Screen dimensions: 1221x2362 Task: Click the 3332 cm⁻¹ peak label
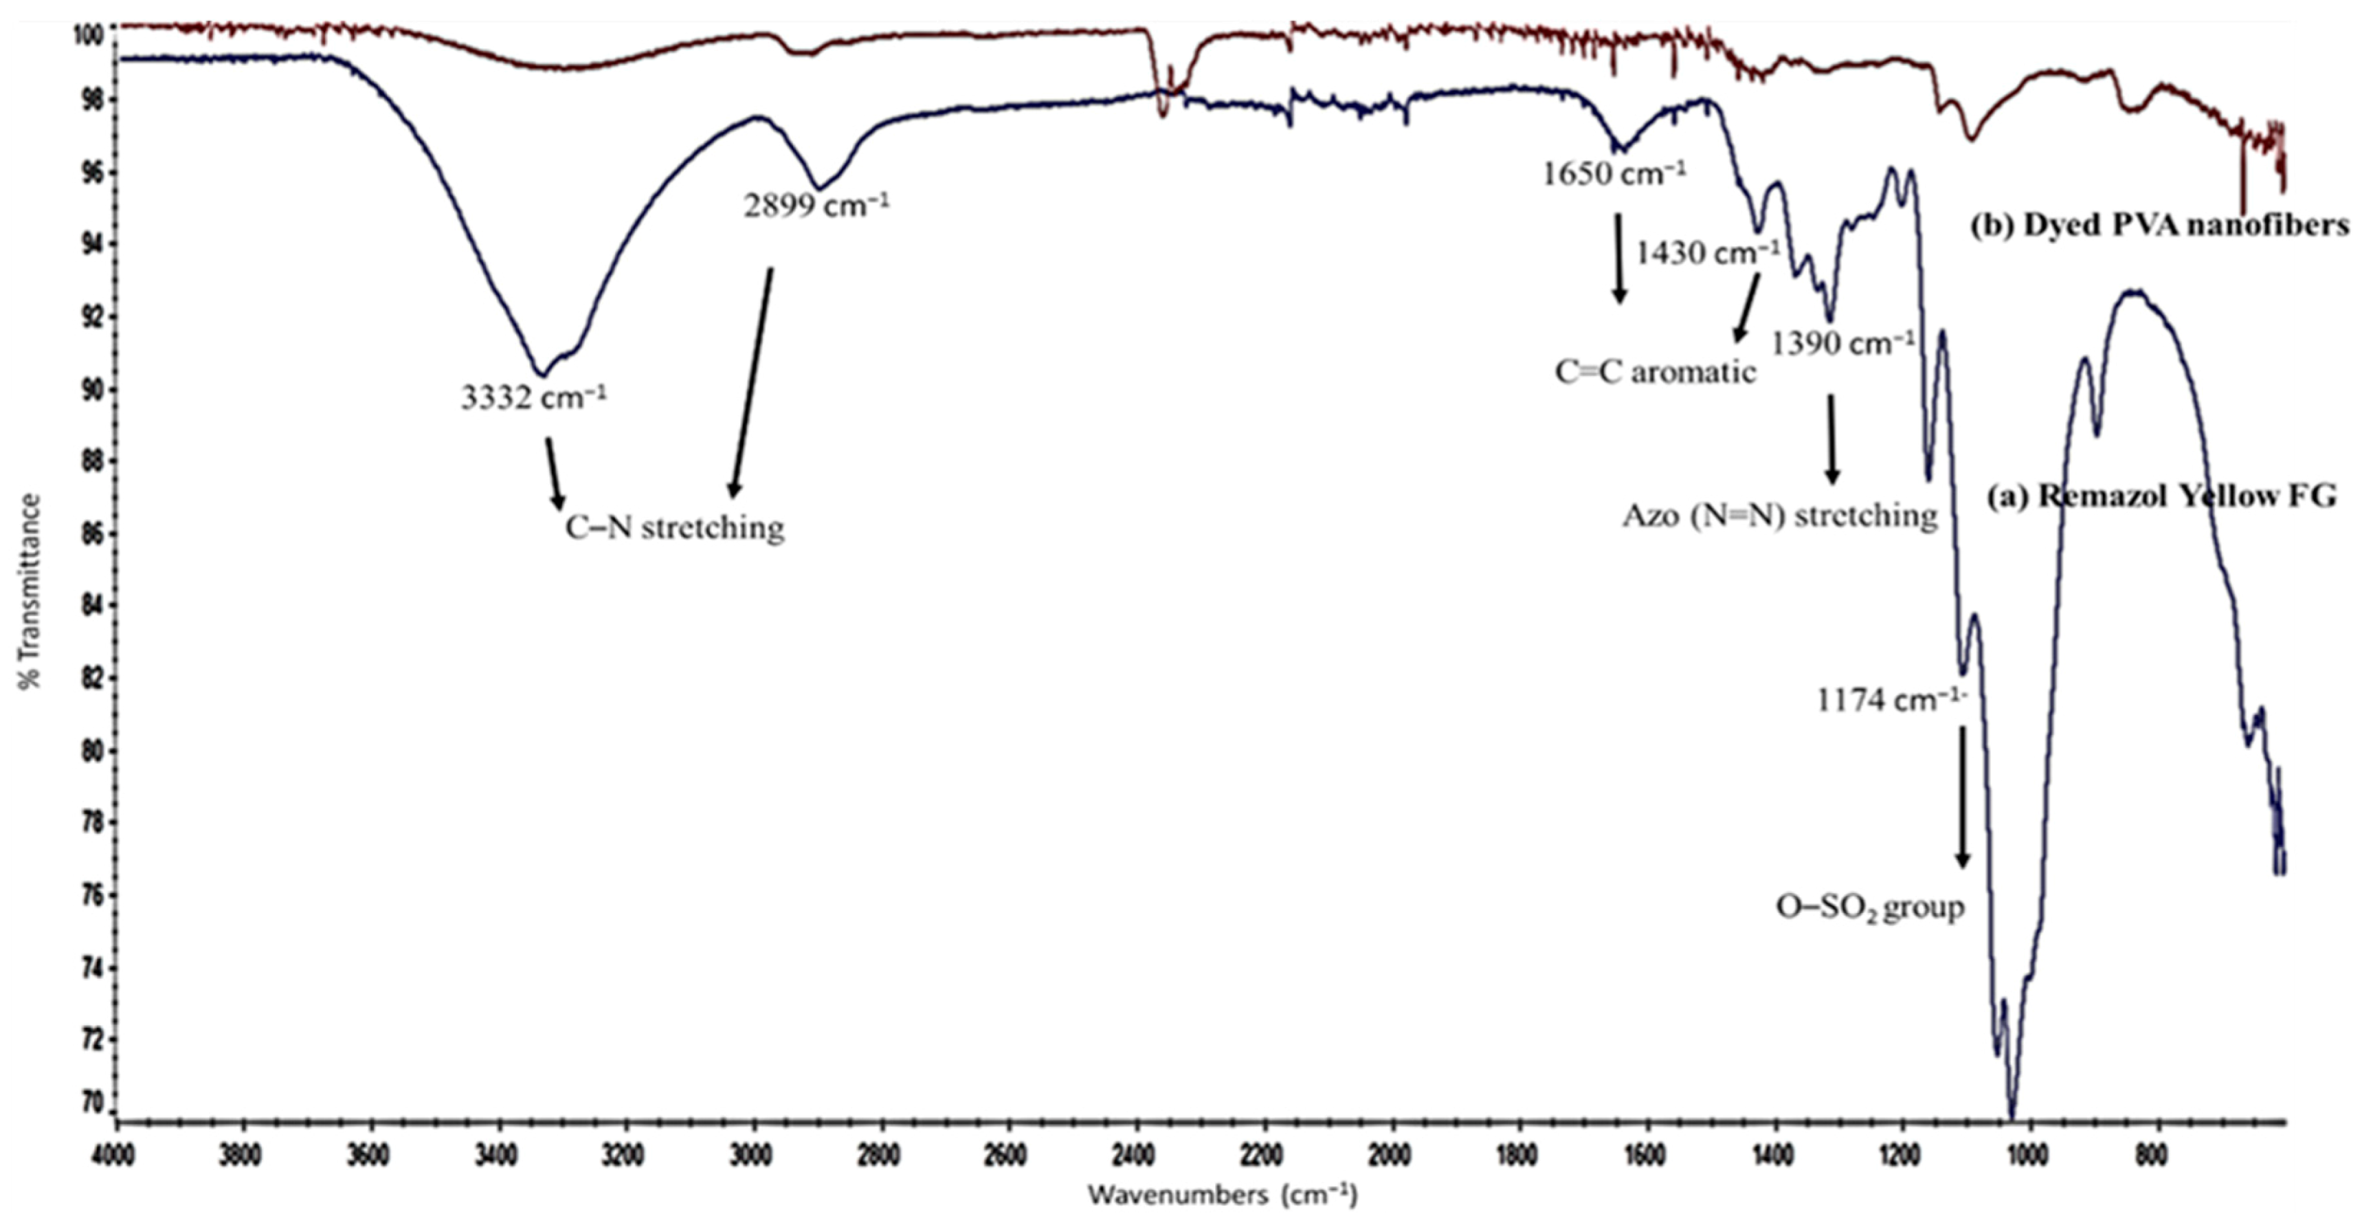533,399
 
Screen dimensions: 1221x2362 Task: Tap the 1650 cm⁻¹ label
1613,174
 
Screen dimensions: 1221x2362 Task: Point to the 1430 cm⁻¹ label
1707,253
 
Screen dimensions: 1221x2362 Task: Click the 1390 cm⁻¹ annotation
1843,344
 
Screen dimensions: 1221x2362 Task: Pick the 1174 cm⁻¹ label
1891,701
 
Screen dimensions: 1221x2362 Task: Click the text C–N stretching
674,528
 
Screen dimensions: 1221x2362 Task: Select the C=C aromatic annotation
1655,373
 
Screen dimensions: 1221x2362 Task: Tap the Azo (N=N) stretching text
1779,516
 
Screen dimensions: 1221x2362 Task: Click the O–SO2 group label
1869,907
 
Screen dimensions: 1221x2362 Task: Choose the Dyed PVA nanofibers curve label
2160,225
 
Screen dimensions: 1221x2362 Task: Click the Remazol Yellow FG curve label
2161,497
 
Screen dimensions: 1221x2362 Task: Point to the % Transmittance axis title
30,591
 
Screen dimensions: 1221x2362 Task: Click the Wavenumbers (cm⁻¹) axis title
1222,1196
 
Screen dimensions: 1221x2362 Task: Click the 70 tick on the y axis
94,1102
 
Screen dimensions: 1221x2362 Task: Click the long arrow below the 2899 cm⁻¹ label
752,383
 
